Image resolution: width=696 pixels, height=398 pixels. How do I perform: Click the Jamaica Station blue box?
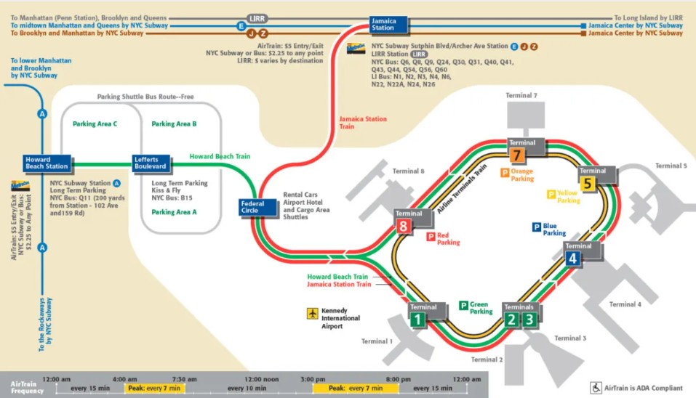pyautogui.click(x=383, y=25)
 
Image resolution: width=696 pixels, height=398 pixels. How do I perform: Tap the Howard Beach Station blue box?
pyautogui.click(x=47, y=163)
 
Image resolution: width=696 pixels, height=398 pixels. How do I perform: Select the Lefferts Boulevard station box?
pyautogui.click(x=151, y=163)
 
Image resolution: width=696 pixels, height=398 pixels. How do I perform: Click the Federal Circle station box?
pyautogui.click(x=259, y=208)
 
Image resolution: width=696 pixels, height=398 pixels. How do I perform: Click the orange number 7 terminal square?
pyautogui.click(x=516, y=155)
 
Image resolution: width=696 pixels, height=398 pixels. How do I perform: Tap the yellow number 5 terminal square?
pyautogui.click(x=588, y=184)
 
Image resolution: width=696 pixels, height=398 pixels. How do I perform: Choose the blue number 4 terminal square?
pyautogui.click(x=573, y=258)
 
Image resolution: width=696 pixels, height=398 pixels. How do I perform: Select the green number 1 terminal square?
pyautogui.click(x=417, y=319)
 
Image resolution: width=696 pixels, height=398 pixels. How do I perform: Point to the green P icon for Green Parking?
pyautogui.click(x=463, y=305)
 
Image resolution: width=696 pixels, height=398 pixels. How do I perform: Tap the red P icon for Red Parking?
pyautogui.click(x=431, y=237)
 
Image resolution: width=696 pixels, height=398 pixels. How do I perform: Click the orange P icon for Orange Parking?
pyautogui.click(x=503, y=173)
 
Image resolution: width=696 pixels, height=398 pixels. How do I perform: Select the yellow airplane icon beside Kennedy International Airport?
pyautogui.click(x=313, y=314)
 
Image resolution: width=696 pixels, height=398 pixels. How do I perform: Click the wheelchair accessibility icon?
pyautogui.click(x=595, y=388)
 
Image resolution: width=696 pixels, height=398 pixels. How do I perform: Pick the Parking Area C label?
pyautogui.click(x=95, y=124)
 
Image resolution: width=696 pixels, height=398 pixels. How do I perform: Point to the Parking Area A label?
pyautogui.click(x=173, y=212)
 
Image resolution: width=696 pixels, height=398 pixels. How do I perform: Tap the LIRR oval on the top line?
pyautogui.click(x=257, y=17)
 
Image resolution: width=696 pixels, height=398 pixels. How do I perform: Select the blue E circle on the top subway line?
pyautogui.click(x=240, y=26)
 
